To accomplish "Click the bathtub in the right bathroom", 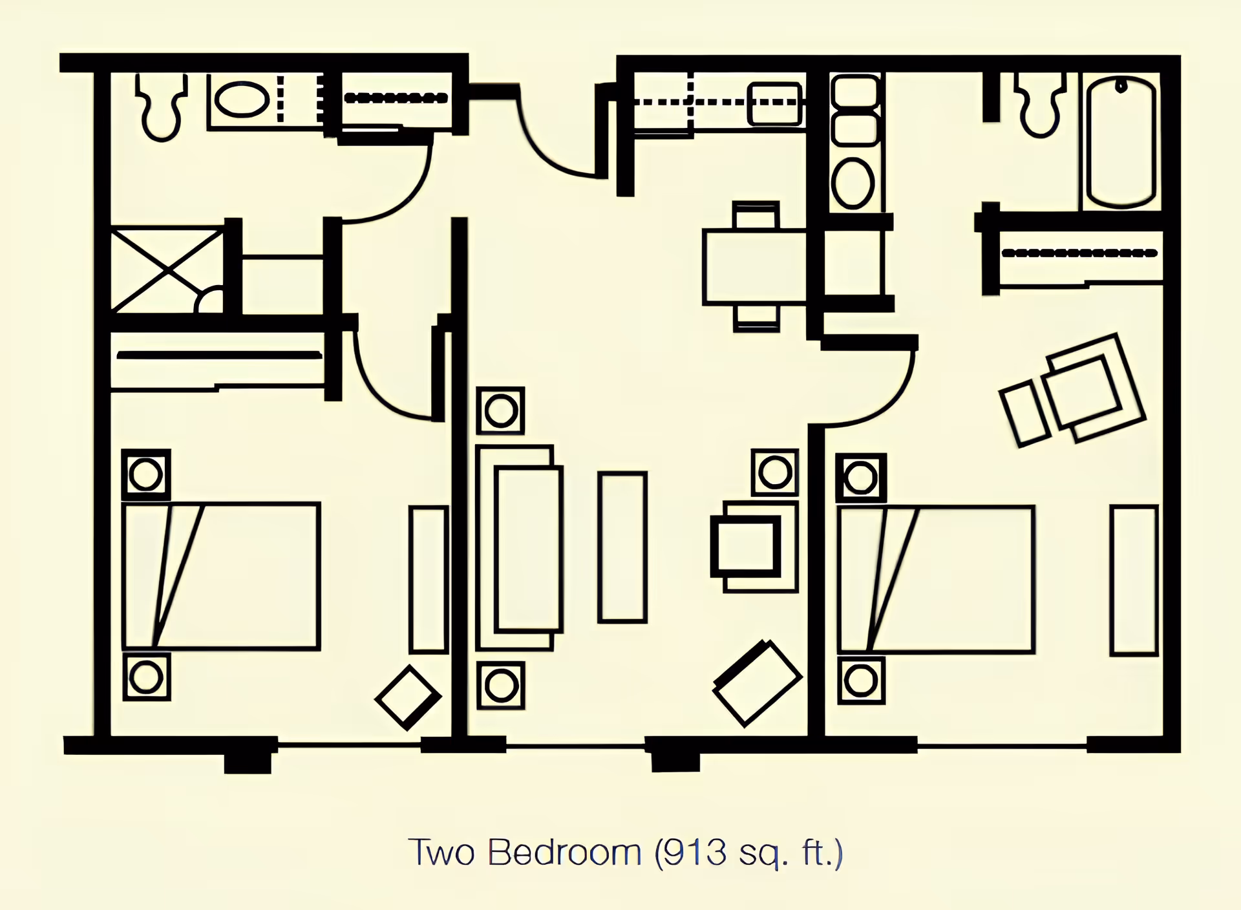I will pyautogui.click(x=1121, y=142).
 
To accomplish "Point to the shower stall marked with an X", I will pyautogui.click(x=167, y=270).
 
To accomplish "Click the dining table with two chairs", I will pyautogui.click(x=755, y=266).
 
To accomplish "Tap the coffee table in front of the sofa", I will pyautogui.click(x=622, y=547).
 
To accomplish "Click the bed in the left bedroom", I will pyautogui.click(x=221, y=575).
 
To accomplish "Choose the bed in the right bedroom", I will pyautogui.click(x=936, y=580).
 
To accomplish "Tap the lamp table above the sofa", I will pyautogui.click(x=500, y=411).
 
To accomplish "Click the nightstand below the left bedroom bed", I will pyautogui.click(x=146, y=677).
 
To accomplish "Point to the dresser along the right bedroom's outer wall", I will pyautogui.click(x=1134, y=580).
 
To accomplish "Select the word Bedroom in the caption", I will pyautogui.click(x=564, y=852).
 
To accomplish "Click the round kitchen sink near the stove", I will pyautogui.click(x=853, y=183).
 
